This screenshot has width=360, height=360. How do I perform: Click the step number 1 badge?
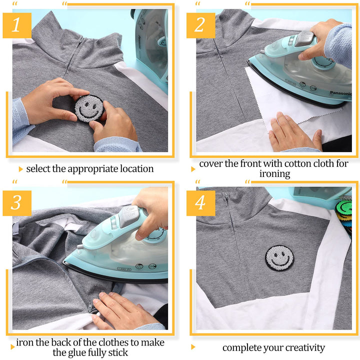pos(17,25)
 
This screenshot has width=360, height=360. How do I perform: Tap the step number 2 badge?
pos(200,25)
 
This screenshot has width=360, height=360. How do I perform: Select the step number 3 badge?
pos(17,203)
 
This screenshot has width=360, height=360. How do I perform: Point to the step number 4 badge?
pos(200,203)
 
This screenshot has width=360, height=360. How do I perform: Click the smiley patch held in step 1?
pos(89,108)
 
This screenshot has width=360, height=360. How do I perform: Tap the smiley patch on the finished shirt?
pos(279,258)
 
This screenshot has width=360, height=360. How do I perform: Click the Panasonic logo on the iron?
pos(340,93)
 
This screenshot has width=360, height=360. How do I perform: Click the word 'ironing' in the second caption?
pos(275,174)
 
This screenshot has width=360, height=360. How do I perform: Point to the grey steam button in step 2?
pos(304,39)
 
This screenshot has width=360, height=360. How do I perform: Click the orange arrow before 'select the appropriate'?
pos(21,169)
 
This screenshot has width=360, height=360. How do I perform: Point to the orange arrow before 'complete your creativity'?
pos(193,347)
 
